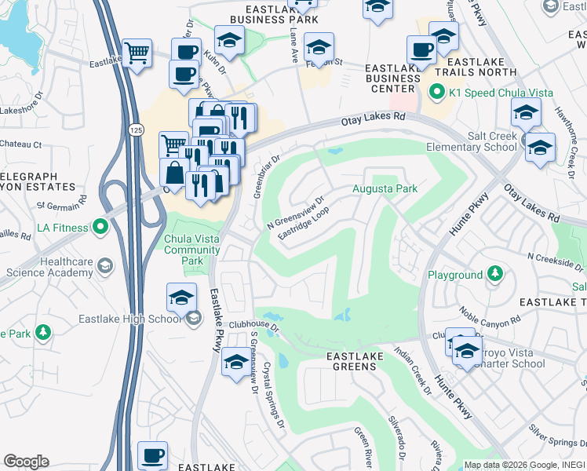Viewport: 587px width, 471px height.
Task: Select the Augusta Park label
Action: point(385,188)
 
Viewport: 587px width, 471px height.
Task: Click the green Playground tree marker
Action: point(494,274)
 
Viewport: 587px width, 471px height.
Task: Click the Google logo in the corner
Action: point(26,462)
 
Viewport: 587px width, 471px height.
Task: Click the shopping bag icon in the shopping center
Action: point(173,173)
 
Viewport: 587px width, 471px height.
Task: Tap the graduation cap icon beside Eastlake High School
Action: point(181,298)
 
